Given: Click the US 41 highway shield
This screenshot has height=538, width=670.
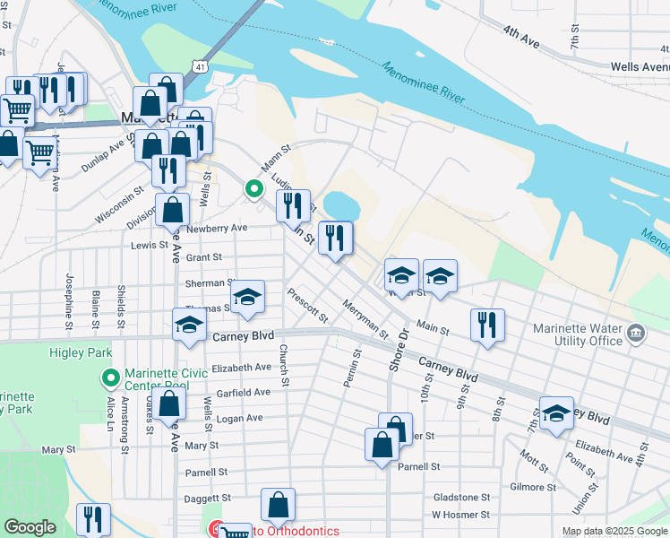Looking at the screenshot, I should pyautogui.click(x=201, y=67).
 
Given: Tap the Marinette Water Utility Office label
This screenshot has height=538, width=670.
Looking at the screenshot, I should pyautogui.click(x=577, y=334).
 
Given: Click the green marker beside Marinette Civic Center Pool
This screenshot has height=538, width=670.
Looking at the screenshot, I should pyautogui.click(x=111, y=377).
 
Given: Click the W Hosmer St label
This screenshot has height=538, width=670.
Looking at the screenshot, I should pyautogui.click(x=460, y=515).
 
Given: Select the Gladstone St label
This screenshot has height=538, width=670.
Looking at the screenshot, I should pyautogui.click(x=460, y=497).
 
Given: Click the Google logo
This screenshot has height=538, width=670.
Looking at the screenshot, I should pyautogui.click(x=30, y=527).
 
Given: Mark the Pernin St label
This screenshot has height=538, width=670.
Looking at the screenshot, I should pyautogui.click(x=350, y=369).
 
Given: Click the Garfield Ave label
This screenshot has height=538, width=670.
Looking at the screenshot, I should pyautogui.click(x=243, y=393).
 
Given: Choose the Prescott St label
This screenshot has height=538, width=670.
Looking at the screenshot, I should pyautogui.click(x=307, y=305).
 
